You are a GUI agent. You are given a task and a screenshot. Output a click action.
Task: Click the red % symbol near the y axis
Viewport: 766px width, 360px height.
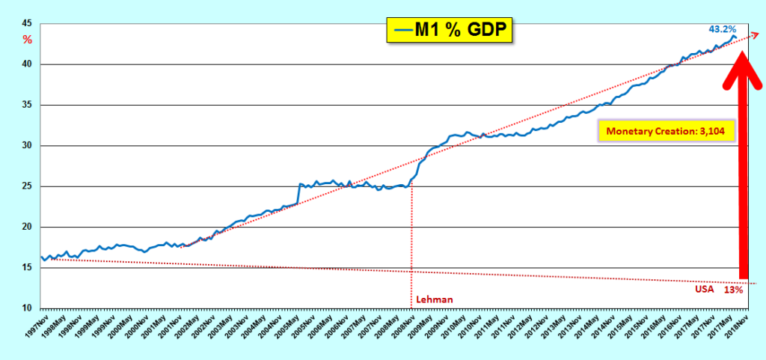point(28,39)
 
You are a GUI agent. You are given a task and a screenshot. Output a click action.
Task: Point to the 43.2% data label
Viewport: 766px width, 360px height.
point(722,28)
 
